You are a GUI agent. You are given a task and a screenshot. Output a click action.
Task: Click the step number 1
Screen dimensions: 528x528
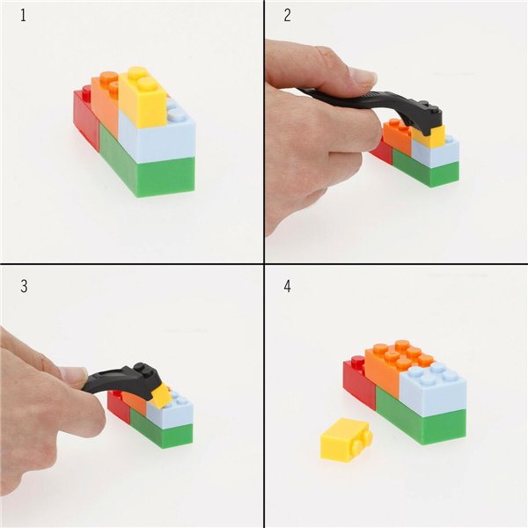click(x=20, y=17)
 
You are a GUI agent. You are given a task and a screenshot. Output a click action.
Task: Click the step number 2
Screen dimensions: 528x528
click(x=287, y=17)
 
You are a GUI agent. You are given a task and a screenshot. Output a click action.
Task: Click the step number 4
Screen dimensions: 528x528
click(x=287, y=287)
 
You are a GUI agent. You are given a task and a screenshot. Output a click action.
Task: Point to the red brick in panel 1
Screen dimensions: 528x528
click(x=85, y=119)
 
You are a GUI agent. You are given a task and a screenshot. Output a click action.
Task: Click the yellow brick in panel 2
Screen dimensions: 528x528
click(x=429, y=137)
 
